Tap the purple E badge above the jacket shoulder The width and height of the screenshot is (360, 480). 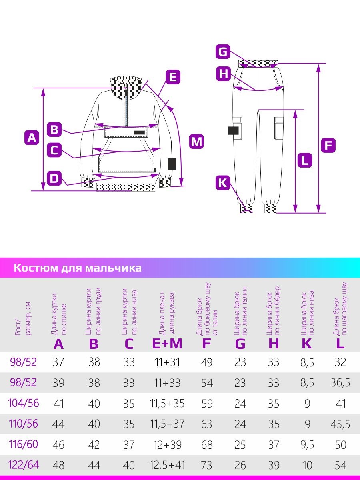[x=173, y=76]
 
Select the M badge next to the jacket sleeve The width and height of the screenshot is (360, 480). [x=196, y=141]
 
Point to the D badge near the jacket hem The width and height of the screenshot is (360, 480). [x=54, y=178]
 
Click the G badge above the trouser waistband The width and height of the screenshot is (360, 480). [x=223, y=52]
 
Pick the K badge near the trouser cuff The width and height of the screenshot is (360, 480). [x=223, y=183]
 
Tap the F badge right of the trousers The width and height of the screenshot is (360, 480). [x=328, y=145]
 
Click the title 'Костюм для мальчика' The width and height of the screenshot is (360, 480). [x=78, y=268]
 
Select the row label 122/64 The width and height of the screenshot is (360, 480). [x=23, y=465]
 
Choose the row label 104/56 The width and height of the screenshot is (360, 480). [x=23, y=403]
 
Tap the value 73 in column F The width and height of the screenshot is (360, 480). [x=207, y=465]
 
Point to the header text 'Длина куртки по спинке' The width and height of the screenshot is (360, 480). [x=58, y=314]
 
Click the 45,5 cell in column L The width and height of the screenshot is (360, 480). [x=340, y=424]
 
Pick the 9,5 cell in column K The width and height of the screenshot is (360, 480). [x=307, y=445]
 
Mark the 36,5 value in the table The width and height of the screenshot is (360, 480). [x=340, y=383]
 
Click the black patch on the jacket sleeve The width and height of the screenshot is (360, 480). [x=172, y=164]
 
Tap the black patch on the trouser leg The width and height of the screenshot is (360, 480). [x=233, y=130]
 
